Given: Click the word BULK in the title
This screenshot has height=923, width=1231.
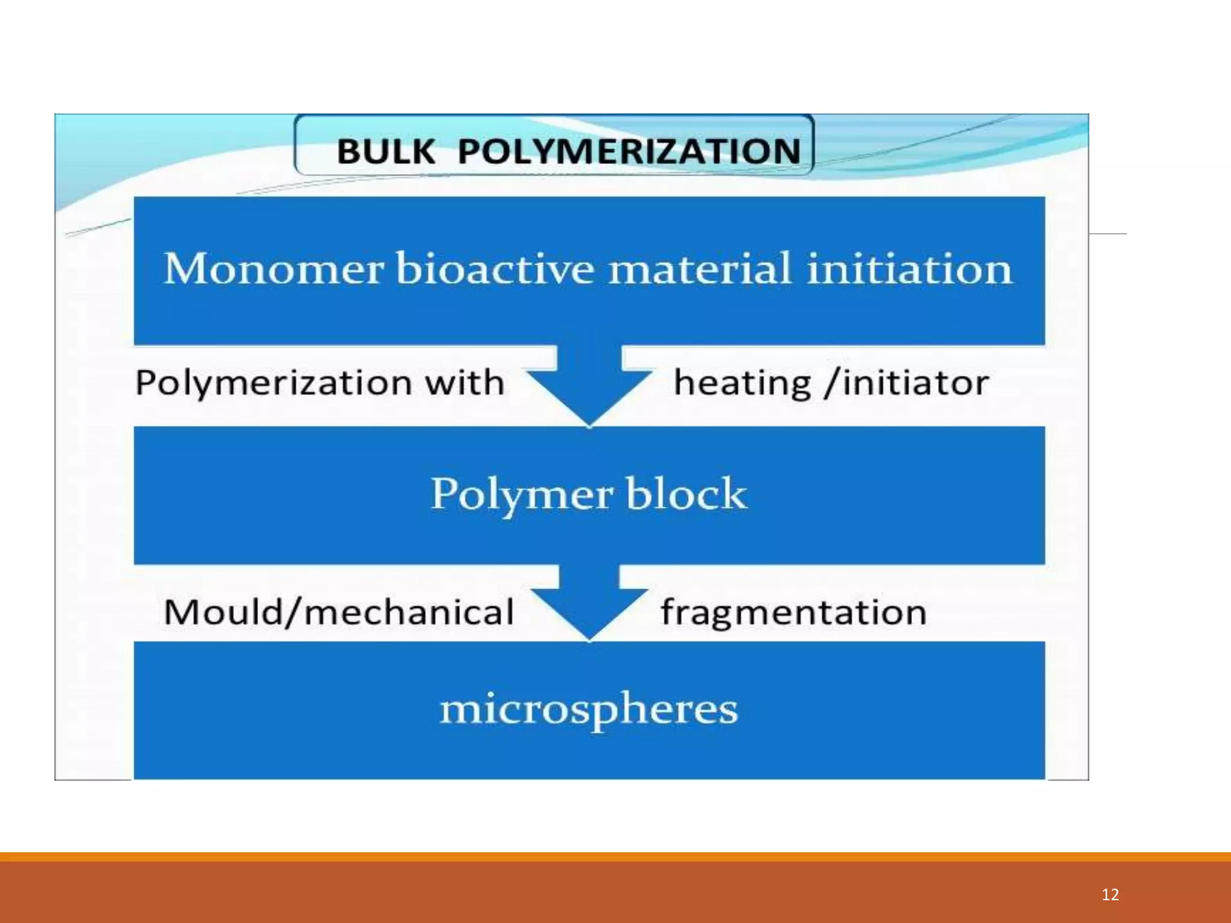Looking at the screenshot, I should click(385, 151).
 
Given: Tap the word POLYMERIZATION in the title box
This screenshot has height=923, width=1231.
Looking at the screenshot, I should click(629, 151).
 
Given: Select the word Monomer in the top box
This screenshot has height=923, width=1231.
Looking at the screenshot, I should click(273, 269).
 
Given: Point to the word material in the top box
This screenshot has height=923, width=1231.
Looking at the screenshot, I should click(700, 269).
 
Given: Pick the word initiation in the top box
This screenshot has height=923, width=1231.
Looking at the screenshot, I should click(909, 269).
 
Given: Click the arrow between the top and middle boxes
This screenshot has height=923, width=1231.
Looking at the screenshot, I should click(589, 385).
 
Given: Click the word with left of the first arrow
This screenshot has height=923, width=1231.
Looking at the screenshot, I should click(464, 383).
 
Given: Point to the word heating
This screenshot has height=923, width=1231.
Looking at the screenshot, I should click(742, 383).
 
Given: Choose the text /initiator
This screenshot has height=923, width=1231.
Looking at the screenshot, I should click(908, 383).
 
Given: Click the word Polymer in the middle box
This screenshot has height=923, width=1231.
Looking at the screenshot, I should click(521, 494).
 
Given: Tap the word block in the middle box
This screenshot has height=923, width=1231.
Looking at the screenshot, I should click(686, 494).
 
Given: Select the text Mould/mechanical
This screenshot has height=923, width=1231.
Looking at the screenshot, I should click(338, 612).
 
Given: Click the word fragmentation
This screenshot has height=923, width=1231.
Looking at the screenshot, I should click(793, 612).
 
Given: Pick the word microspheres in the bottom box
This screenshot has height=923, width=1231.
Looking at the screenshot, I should click(589, 709).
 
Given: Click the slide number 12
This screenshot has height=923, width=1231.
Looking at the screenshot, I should click(1110, 895).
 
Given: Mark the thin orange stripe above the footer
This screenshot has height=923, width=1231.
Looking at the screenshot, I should click(615, 857).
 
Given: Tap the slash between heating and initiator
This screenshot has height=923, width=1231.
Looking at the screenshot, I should click(832, 383).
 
